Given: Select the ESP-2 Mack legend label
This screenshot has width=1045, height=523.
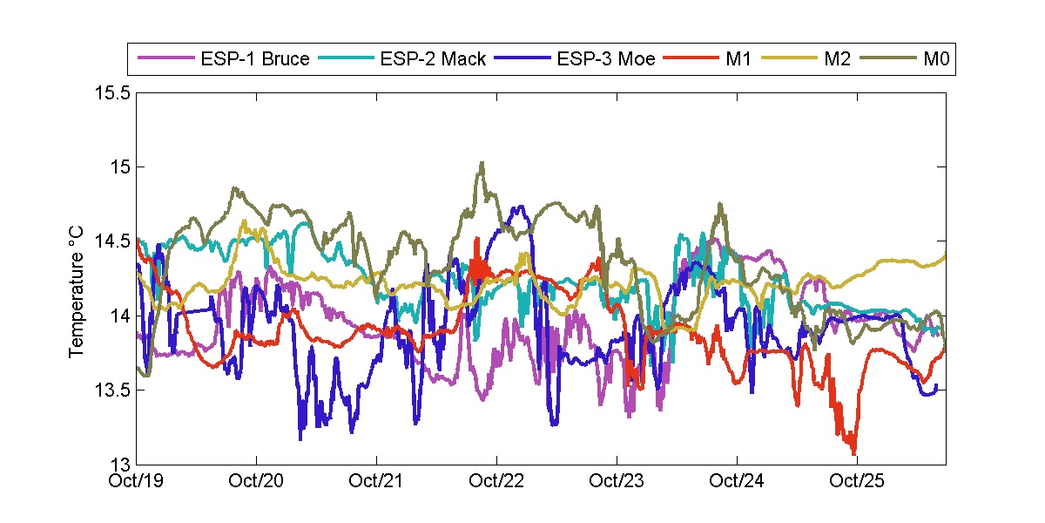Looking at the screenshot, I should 433,60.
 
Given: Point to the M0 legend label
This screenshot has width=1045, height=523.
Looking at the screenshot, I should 935,60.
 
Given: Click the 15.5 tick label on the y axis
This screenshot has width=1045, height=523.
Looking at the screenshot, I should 113,92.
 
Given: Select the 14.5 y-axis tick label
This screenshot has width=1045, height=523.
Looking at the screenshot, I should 113,241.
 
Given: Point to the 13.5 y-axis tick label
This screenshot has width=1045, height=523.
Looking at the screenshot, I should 113,390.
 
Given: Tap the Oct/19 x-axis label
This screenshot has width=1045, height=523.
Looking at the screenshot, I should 138,480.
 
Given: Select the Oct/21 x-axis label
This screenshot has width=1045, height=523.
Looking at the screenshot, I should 377,480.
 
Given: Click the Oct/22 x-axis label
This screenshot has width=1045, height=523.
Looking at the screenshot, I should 497,480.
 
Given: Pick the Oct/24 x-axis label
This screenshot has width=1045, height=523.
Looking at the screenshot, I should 738,480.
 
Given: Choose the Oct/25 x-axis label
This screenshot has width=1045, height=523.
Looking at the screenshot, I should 858,480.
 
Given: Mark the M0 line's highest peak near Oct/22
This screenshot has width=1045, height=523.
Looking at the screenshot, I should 481,162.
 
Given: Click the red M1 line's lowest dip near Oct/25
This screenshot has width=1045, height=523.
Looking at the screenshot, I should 853,452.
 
